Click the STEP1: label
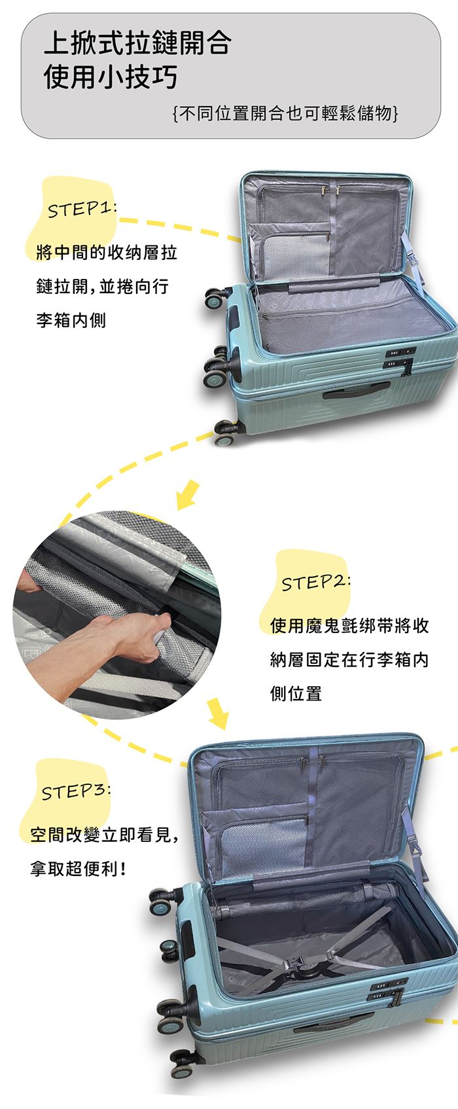click(82, 209)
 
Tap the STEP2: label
click(316, 582)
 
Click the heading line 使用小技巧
click(111, 77)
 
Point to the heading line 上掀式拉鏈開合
click(137, 43)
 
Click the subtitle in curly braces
click(285, 113)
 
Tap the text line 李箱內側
click(71, 320)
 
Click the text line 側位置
click(296, 693)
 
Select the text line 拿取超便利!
click(78, 868)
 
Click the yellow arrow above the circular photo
click(188, 494)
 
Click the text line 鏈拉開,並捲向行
click(102, 286)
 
